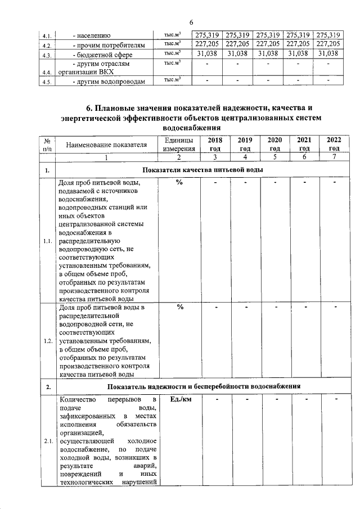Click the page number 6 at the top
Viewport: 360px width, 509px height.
coord(191,22)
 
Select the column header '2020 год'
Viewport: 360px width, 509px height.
coord(274,145)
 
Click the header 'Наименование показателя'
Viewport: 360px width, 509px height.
coord(106,145)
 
